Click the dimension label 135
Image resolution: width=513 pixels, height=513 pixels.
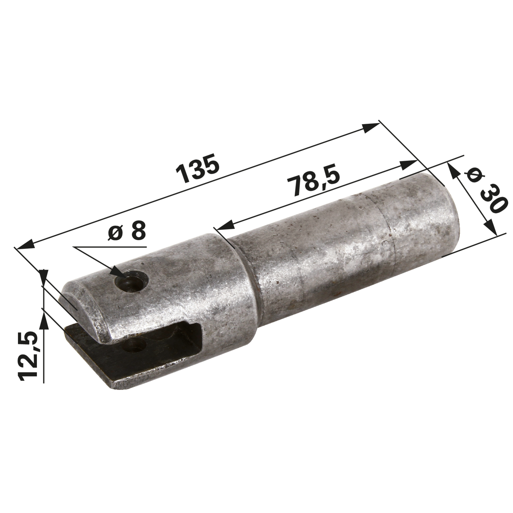[199, 169]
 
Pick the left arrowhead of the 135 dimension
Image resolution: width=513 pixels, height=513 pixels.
[24, 244]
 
